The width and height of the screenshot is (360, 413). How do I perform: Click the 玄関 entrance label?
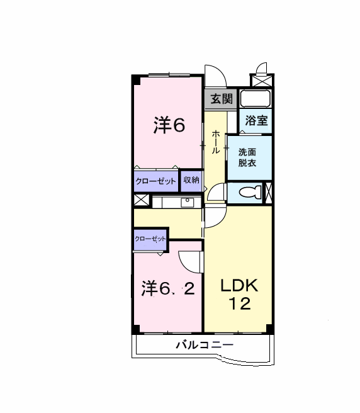pos(222,99)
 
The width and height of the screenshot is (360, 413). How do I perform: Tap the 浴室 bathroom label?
pos(256,120)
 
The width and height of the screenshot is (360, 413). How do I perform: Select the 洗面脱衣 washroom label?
pos(247,157)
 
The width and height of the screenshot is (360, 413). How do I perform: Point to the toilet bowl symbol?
pos(250,192)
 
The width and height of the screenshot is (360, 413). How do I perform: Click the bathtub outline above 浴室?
pos(256,99)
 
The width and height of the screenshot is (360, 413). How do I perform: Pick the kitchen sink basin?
pos(188,203)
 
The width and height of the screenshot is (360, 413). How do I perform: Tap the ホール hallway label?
pos(216,142)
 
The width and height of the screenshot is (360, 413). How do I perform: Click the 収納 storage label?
pos(191,180)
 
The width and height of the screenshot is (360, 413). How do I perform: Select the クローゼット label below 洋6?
pos(155,181)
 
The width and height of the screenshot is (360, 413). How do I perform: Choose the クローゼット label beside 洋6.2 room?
pos(150,239)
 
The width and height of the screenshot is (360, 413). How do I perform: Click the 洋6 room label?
pos(169,125)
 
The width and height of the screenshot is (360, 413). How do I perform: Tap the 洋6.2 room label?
pos(168,288)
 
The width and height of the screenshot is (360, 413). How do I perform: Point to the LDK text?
pos(239,285)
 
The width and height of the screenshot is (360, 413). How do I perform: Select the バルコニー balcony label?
pos(205,345)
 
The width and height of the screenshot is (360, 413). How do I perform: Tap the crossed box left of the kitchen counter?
pos(142,200)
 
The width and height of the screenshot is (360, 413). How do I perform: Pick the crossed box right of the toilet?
pos(268,193)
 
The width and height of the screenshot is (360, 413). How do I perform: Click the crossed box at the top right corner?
pos(262,80)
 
